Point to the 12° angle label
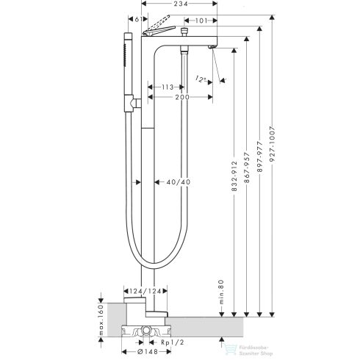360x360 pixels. tap(201, 79)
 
